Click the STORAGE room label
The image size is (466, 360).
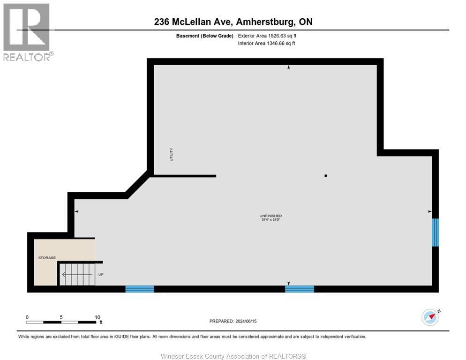click(x=47, y=257)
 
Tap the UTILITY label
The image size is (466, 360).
click(x=172, y=155)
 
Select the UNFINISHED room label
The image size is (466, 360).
click(x=271, y=216)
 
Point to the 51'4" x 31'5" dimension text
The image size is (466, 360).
click(x=271, y=220)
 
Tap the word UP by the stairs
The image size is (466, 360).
click(x=101, y=274)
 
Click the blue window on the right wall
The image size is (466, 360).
click(x=435, y=232)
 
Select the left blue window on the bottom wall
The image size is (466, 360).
click(x=140, y=289)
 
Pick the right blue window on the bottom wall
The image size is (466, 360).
click(x=299, y=289)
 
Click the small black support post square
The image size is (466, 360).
click(x=326, y=176)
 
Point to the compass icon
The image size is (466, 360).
click(x=430, y=317)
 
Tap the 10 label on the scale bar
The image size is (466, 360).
click(x=97, y=317)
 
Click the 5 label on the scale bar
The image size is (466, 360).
click(x=61, y=317)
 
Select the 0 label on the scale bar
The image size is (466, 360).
click(x=27, y=317)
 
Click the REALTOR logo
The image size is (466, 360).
click(x=27, y=32)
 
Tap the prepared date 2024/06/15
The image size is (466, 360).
click(x=248, y=321)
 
